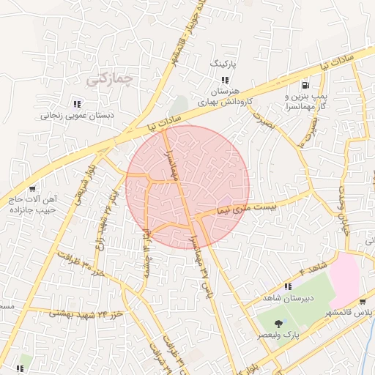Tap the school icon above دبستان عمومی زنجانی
pos(77,103)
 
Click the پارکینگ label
pos(225,64)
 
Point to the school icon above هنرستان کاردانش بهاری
pos(226,80)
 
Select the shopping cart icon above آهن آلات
pos(30,189)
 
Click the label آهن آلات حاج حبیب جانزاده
pos(34,204)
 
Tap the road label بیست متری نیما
pos(248,209)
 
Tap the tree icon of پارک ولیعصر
pos(279,323)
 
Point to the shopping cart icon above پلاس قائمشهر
pos(362,301)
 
